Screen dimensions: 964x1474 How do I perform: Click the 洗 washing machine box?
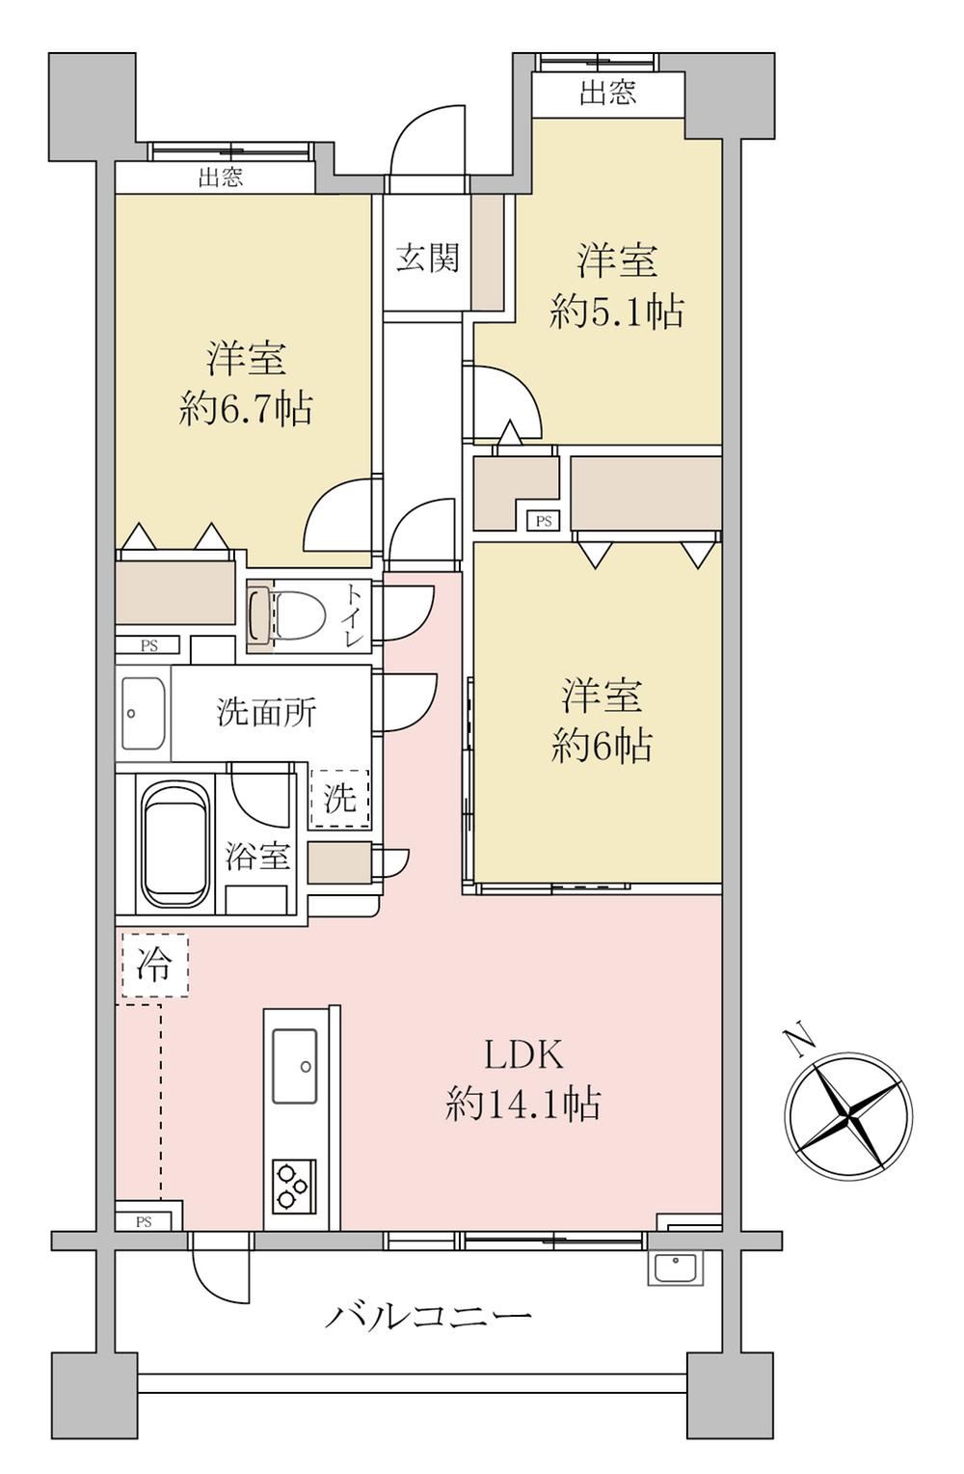point(340,798)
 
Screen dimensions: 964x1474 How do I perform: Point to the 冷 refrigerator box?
point(155,966)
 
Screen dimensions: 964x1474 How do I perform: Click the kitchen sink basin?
point(295,1066)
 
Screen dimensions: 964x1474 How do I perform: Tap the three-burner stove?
point(294,1186)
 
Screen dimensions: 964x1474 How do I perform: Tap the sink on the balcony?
point(676,1268)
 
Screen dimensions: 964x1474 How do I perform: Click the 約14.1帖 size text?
point(523,1105)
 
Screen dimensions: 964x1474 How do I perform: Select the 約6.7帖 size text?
point(246,408)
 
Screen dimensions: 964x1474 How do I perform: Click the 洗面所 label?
point(267,712)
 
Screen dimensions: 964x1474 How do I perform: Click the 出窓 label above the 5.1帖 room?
point(607,93)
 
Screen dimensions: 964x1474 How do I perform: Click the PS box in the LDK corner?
point(144,1222)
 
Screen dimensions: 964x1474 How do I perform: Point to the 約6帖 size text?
point(602,747)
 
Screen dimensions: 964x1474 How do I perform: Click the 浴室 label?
point(257,856)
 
